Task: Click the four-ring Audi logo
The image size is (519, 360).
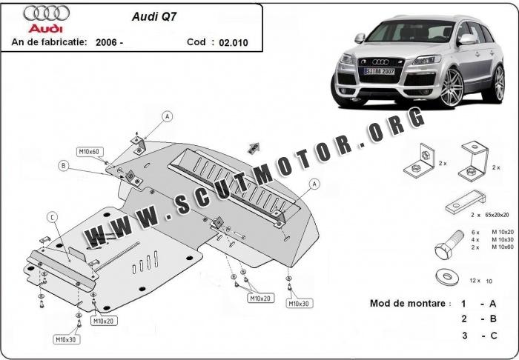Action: pyautogui.click(x=46, y=13)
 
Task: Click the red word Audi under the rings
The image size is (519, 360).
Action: pyautogui.click(x=46, y=27)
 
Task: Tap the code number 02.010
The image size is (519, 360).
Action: pyautogui.click(x=234, y=43)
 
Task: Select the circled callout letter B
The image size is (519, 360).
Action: pyautogui.click(x=65, y=166)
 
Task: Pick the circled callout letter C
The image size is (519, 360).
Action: pyautogui.click(x=52, y=216)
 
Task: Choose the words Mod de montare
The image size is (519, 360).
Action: pyautogui.click(x=409, y=304)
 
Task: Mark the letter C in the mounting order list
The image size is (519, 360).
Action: pyautogui.click(x=493, y=336)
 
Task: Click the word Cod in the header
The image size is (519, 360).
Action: pyautogui.click(x=196, y=42)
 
